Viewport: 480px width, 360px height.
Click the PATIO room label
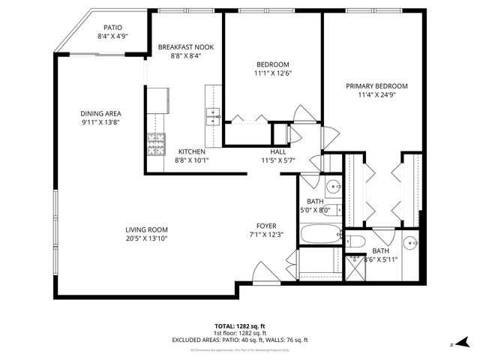[x=112, y=26]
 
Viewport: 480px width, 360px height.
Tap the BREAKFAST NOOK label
[x=185, y=47]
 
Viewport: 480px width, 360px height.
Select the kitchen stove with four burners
[x=156, y=143]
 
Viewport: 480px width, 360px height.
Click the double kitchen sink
[x=213, y=116]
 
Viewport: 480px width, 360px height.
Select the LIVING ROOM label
[x=146, y=229]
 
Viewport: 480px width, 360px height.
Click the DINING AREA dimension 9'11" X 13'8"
[x=100, y=122]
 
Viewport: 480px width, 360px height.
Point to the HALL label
[x=278, y=151]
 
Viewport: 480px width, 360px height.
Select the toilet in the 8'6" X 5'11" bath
[x=355, y=241]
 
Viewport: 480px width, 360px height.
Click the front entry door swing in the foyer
[x=264, y=274]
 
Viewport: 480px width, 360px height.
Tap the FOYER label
[x=266, y=226]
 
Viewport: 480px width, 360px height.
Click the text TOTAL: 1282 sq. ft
[x=240, y=326]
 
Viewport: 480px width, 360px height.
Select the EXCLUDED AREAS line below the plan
[x=240, y=340]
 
